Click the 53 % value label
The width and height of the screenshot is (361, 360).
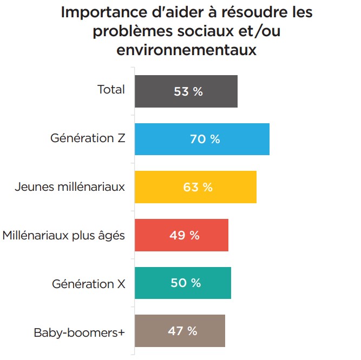[188, 91]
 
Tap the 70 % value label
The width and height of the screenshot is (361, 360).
[205, 139]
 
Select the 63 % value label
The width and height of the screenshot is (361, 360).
[198, 187]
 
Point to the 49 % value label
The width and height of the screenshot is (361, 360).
[185, 235]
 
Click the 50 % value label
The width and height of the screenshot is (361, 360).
[186, 283]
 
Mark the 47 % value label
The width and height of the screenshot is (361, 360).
[182, 331]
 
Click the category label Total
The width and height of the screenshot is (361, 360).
[111, 90]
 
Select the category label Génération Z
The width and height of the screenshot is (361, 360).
[88, 138]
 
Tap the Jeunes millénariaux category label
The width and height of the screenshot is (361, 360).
[70, 187]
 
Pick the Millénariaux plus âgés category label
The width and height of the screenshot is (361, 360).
[64, 236]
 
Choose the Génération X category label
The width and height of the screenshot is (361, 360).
[89, 283]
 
